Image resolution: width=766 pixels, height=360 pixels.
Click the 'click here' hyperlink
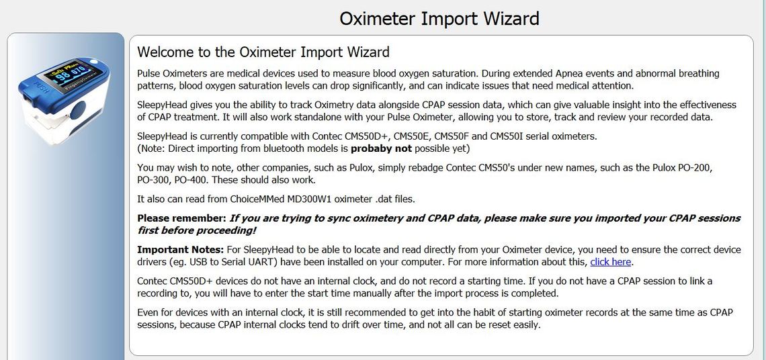[x=611, y=262]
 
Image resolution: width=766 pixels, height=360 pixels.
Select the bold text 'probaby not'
[x=381, y=148]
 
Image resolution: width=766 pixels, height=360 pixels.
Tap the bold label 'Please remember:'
[x=181, y=218]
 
